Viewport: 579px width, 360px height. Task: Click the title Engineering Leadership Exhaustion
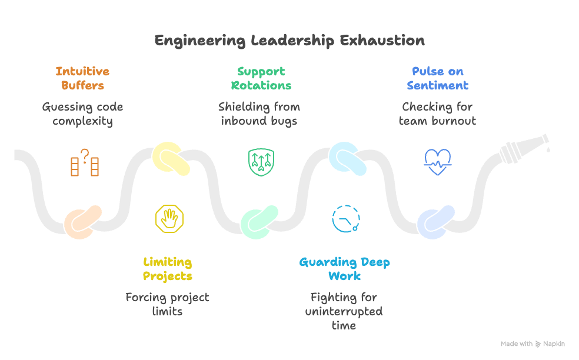(289, 41)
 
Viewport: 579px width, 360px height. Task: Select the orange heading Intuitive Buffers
(82, 78)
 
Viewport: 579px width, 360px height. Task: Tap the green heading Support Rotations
(261, 78)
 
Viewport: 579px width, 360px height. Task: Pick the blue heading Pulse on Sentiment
(437, 78)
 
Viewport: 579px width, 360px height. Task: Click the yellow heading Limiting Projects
(168, 269)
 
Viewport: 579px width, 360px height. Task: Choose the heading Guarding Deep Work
(344, 269)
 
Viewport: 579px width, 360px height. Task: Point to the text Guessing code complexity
(82, 114)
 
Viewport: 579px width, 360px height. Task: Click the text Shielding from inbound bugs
(259, 114)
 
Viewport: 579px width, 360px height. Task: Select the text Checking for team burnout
(437, 114)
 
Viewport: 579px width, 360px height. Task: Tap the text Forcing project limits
(168, 304)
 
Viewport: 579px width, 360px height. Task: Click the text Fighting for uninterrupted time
(344, 311)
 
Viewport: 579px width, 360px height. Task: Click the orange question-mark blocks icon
(84, 163)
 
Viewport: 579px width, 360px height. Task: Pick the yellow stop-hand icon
(170, 219)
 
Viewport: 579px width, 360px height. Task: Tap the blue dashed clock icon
(346, 219)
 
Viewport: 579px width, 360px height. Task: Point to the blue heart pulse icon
(438, 162)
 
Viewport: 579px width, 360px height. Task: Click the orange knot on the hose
(83, 222)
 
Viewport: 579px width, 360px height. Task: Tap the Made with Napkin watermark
(533, 344)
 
